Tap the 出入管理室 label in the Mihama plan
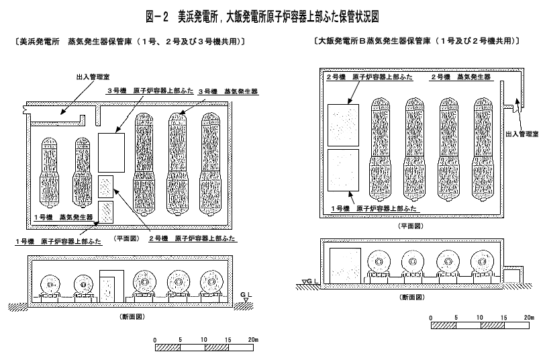(x=85, y=78)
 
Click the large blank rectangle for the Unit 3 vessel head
(x=111, y=151)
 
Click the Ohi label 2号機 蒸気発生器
(x=460, y=78)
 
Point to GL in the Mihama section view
(x=245, y=295)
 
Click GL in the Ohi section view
(x=310, y=281)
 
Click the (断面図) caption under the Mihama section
(x=130, y=315)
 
